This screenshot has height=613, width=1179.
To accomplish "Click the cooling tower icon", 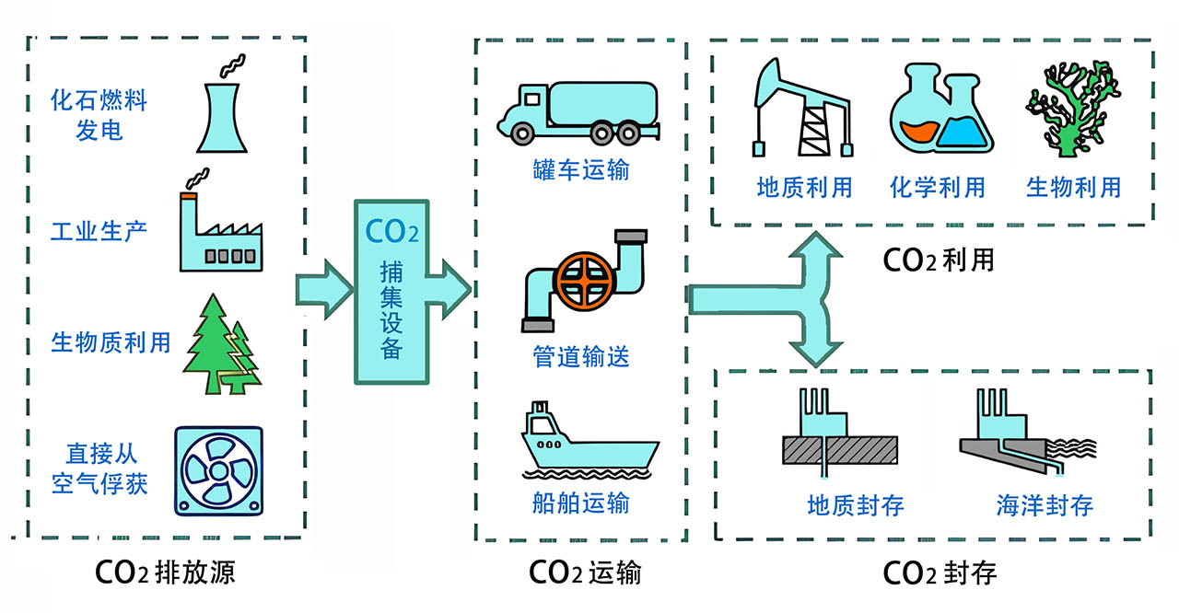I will click(219, 116).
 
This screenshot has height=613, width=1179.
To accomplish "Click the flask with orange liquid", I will click(917, 110).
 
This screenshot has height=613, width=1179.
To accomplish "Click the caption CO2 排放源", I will click(166, 573).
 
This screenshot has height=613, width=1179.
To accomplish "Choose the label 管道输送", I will click(581, 356).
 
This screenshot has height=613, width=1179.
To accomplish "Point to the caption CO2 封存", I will click(940, 573).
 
